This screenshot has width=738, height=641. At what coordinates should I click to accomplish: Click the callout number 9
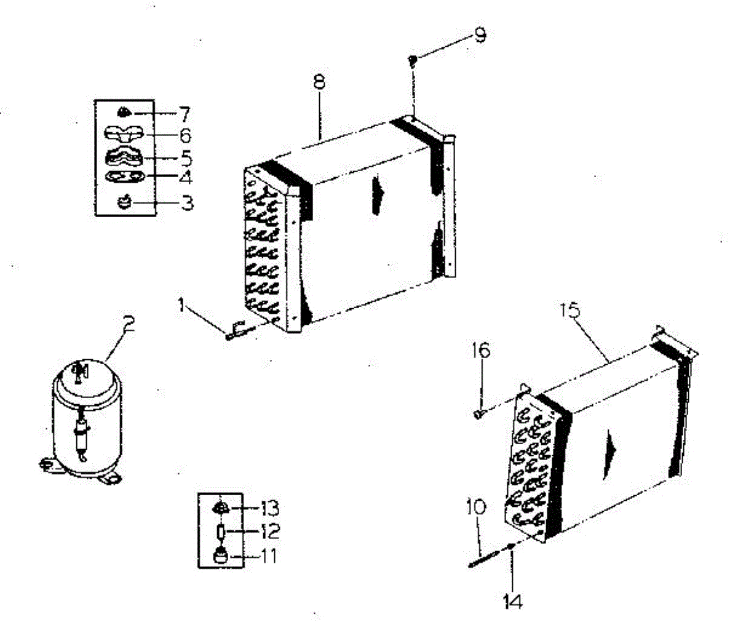[480, 35]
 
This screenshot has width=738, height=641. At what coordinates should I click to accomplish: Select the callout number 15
[570, 311]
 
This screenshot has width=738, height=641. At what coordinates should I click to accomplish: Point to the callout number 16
[481, 351]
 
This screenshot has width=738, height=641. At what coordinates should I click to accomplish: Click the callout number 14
[512, 601]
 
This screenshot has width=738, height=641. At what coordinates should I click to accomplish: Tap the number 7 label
[184, 114]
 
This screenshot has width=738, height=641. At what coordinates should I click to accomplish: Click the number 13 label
[269, 508]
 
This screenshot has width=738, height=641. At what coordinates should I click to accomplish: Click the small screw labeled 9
[413, 59]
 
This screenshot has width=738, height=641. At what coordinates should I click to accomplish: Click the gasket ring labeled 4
[124, 178]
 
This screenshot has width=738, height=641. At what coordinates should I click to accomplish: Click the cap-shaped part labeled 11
[221, 557]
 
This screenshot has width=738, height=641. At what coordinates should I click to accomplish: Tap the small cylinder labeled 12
[221, 532]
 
